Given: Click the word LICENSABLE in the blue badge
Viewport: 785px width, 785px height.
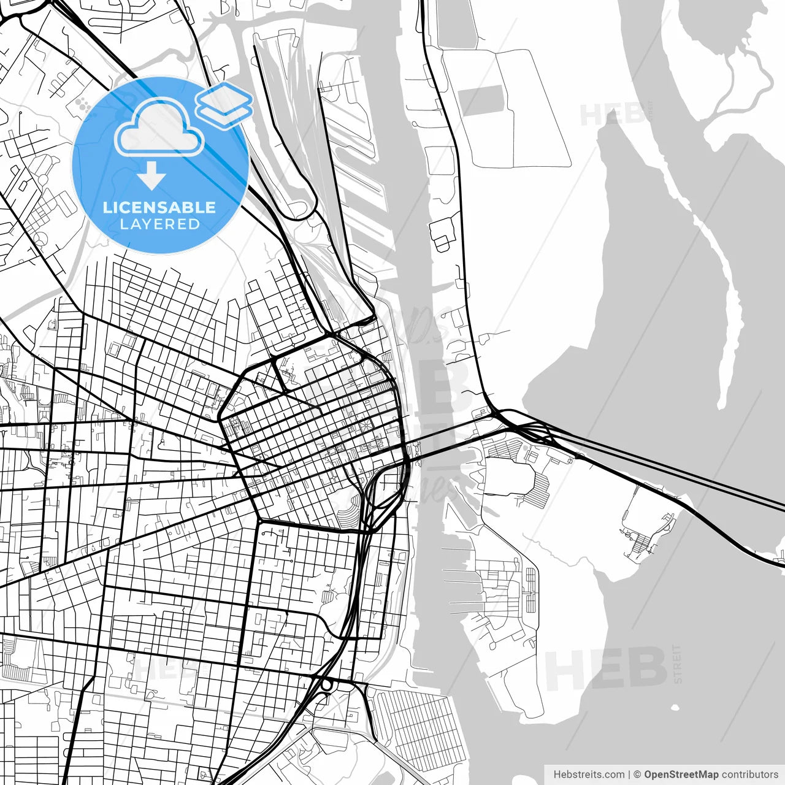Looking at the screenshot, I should [159, 207].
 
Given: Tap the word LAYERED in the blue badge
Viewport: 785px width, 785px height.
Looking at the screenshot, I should [159, 224].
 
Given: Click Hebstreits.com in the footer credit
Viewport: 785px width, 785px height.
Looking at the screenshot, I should [589, 775].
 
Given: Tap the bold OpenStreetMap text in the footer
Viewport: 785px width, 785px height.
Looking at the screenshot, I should [681, 775].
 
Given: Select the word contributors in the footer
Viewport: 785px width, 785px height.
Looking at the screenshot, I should [749, 775].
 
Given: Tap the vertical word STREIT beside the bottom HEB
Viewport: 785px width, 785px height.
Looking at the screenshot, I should [677, 664].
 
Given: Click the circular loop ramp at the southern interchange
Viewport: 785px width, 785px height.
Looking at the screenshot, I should [326, 684].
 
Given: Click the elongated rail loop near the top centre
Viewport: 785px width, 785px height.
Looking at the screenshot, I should [288, 123].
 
